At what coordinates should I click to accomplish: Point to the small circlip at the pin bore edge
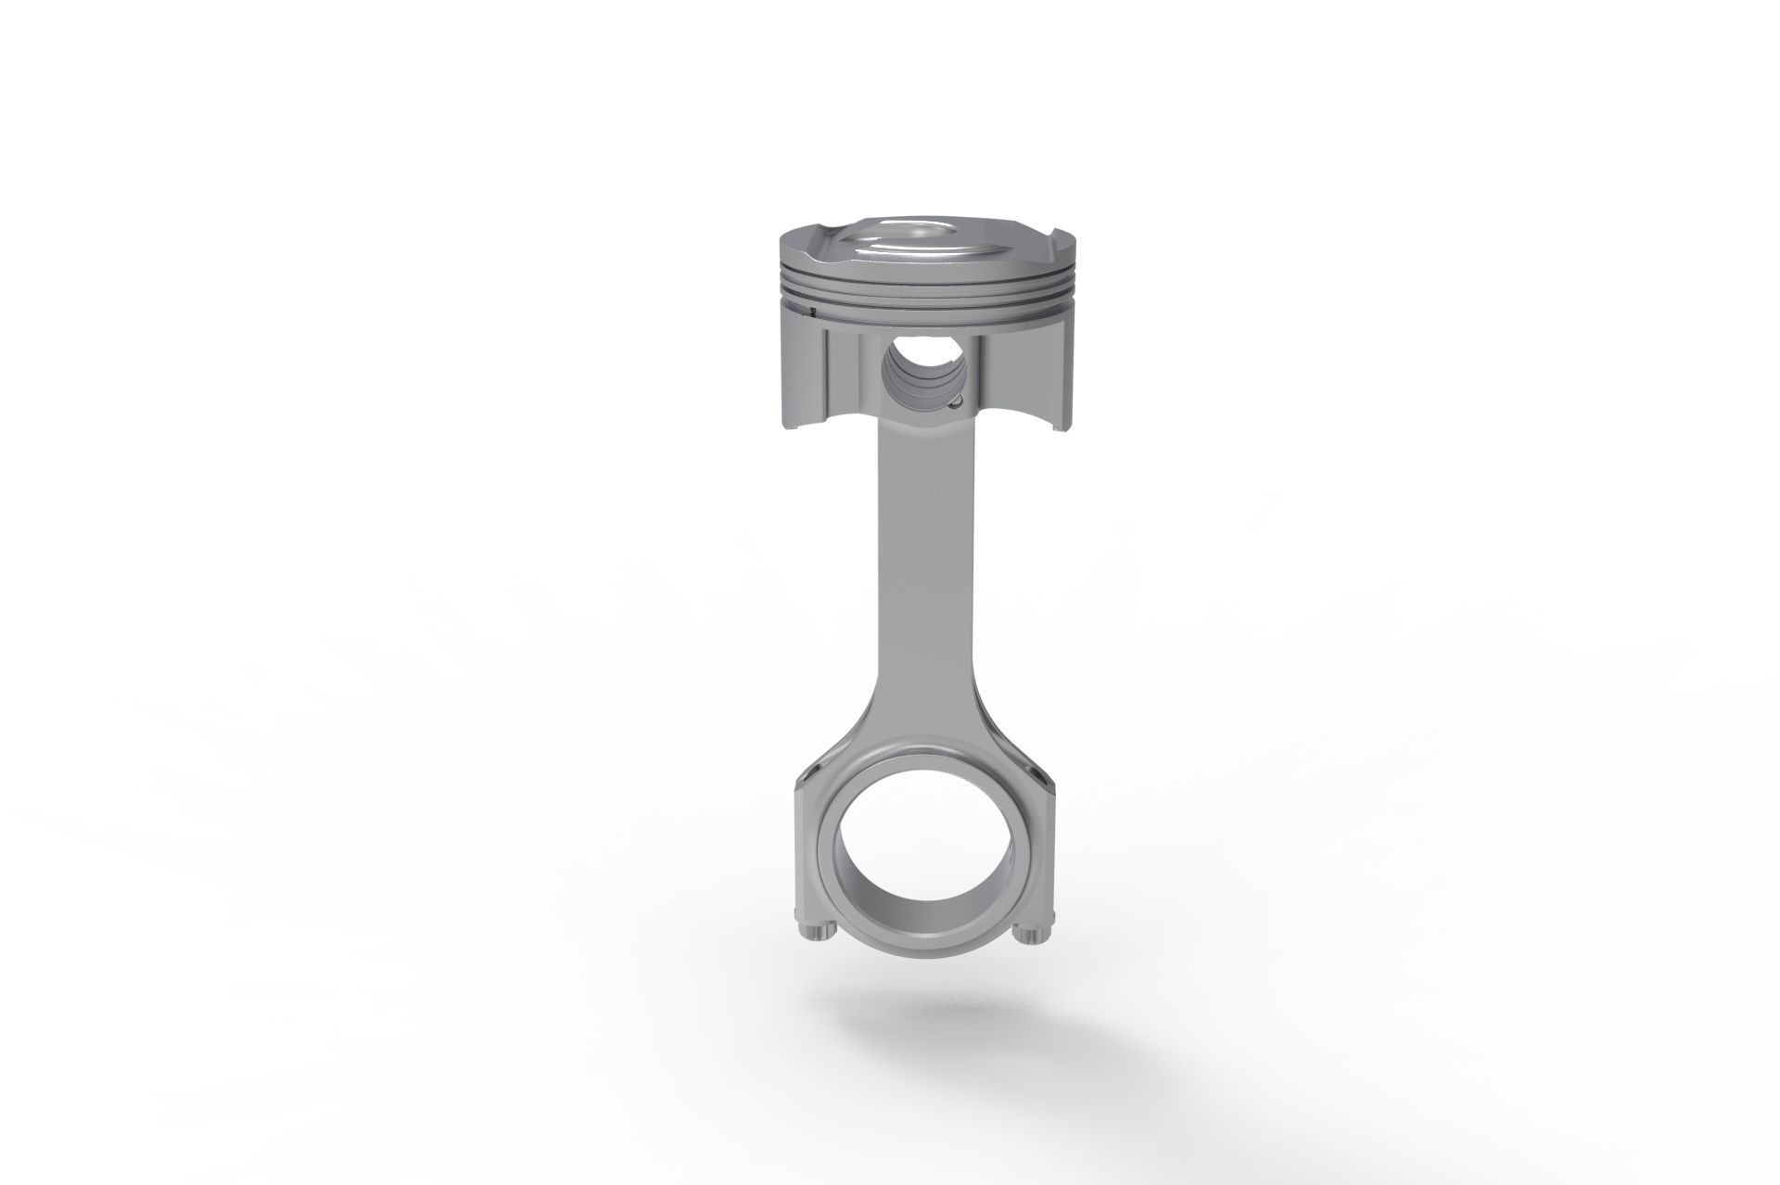(956, 401)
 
